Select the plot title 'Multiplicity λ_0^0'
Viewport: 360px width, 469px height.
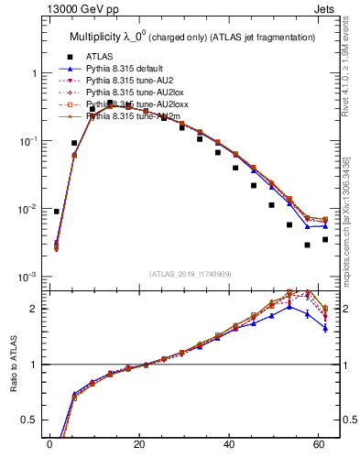(109, 37)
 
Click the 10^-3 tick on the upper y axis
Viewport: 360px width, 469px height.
(27, 278)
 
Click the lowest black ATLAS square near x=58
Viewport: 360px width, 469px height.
(308, 245)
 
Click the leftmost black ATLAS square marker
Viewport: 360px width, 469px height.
(57, 212)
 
